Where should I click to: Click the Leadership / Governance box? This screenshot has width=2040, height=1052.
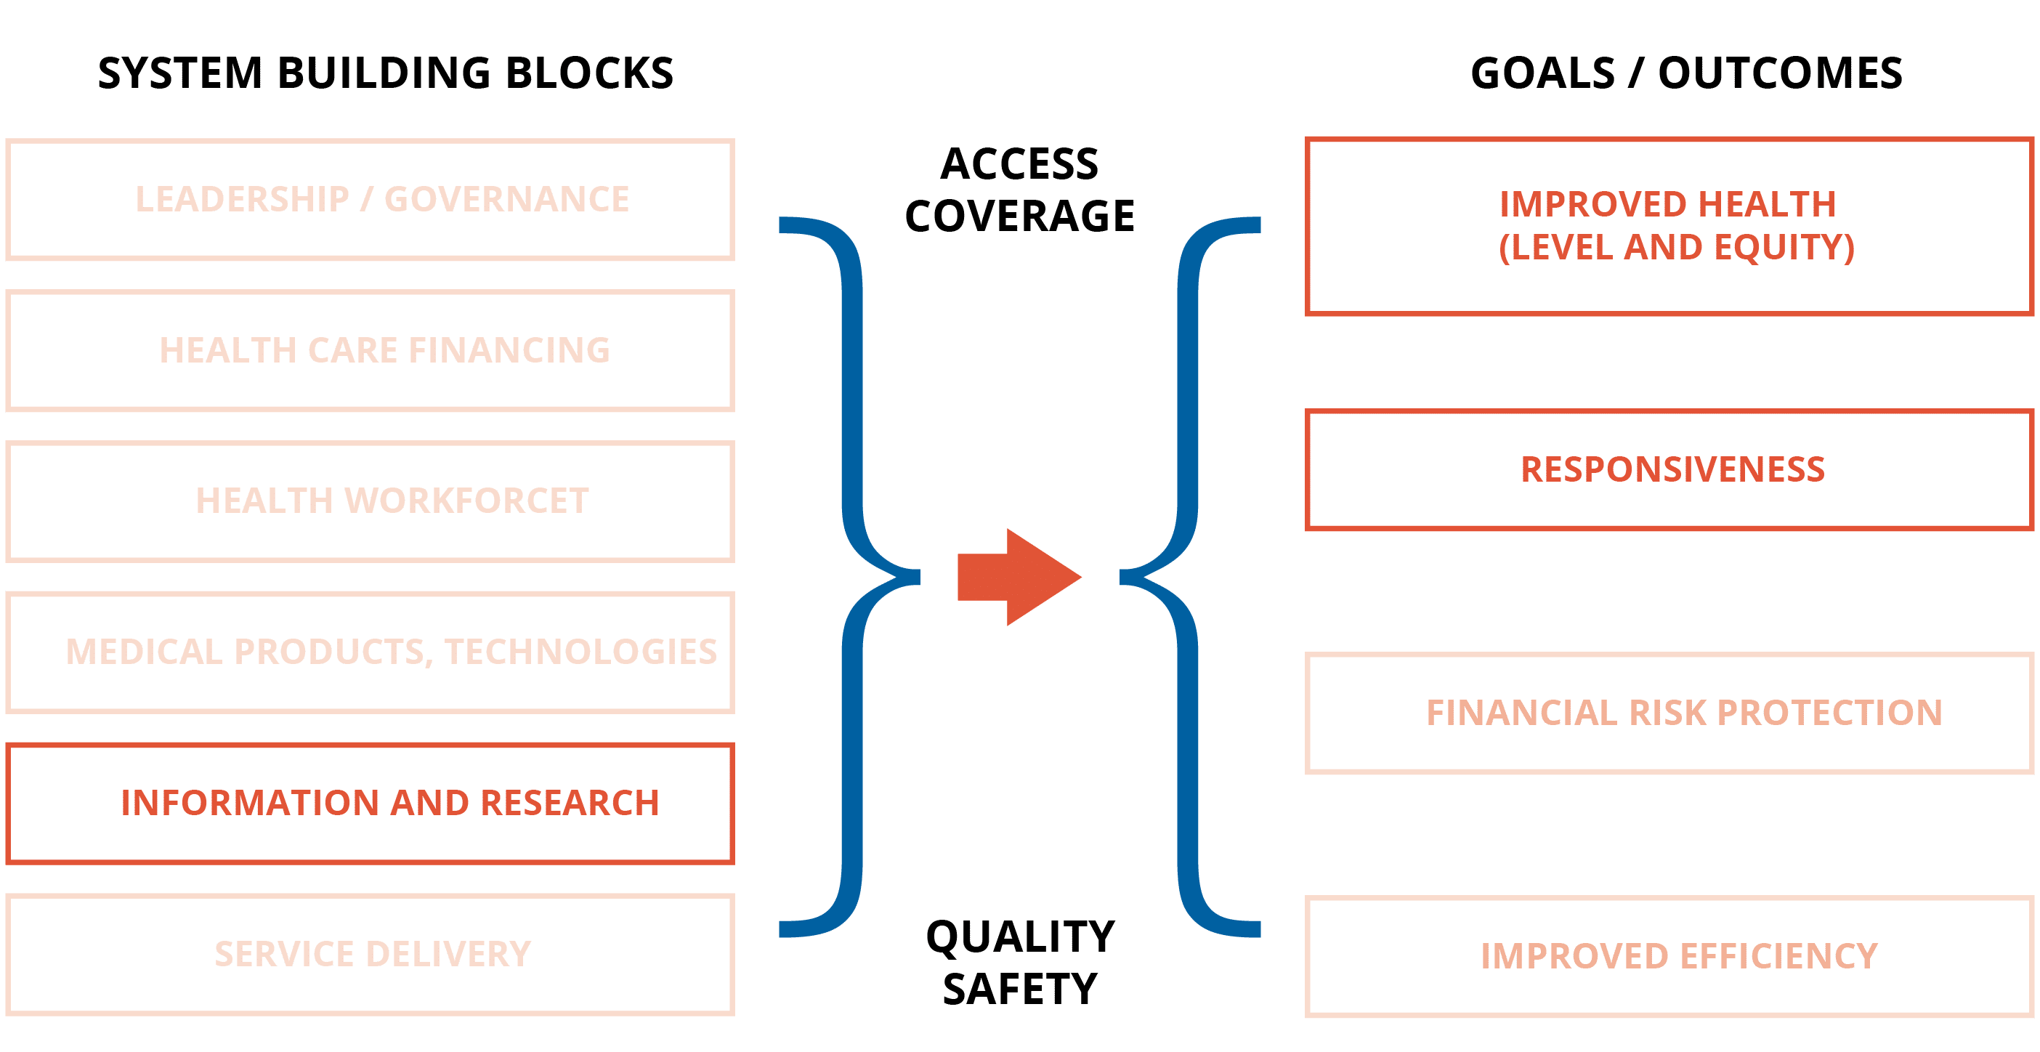(x=370, y=200)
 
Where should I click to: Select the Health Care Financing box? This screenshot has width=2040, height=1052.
(x=370, y=351)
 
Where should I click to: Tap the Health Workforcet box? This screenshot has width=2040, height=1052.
(x=370, y=501)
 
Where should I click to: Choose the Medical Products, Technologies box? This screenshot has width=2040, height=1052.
(x=370, y=652)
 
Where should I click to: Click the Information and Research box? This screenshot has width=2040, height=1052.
(x=370, y=804)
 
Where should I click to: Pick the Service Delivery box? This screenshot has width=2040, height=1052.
(x=370, y=955)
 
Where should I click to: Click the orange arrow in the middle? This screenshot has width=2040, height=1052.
(x=1019, y=577)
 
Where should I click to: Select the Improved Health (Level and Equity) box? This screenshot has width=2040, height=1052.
(x=1669, y=227)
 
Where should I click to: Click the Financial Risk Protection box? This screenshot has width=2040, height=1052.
(x=1669, y=713)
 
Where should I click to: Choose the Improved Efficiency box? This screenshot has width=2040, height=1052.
(x=1669, y=956)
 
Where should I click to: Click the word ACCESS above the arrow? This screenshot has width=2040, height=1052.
(x=1019, y=165)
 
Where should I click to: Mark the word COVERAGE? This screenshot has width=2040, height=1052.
(x=1019, y=217)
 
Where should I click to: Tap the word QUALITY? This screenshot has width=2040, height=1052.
(x=1020, y=937)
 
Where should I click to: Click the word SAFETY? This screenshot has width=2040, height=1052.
(x=1020, y=990)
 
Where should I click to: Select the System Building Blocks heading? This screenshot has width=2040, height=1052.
(x=386, y=73)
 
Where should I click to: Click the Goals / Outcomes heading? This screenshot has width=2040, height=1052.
(x=1686, y=73)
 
